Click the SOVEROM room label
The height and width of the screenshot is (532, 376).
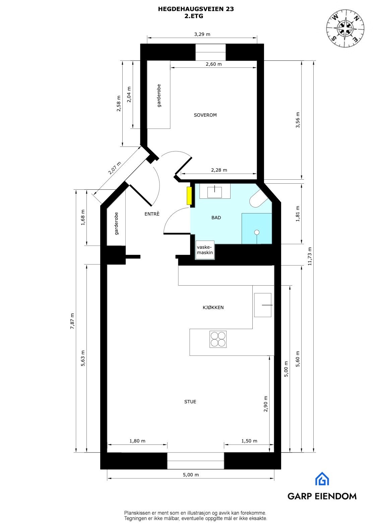coord(205,115)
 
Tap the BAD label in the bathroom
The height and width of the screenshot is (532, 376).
coord(216,218)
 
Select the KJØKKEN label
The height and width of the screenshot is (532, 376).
coord(213,307)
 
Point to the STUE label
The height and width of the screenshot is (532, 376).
coord(190,402)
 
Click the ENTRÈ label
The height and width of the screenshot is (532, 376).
coord(152,214)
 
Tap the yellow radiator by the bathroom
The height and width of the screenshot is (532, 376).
coord(189,195)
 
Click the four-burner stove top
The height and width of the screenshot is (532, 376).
coord(218,339)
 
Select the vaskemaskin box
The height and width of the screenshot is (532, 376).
coord(205,250)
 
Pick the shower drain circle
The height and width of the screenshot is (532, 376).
coord(257,232)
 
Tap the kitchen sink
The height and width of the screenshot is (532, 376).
coord(263,305)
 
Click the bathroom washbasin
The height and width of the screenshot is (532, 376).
coord(214,192)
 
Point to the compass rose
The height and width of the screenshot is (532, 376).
coord(345,28)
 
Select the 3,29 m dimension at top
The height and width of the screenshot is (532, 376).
coord(202,34)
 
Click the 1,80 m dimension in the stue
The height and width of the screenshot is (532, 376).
coord(137,441)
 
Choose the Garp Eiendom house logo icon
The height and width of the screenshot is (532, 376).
coord(322,479)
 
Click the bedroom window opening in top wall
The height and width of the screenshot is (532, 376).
coord(210,52)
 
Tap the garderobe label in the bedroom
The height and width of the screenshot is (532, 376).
coord(159,96)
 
